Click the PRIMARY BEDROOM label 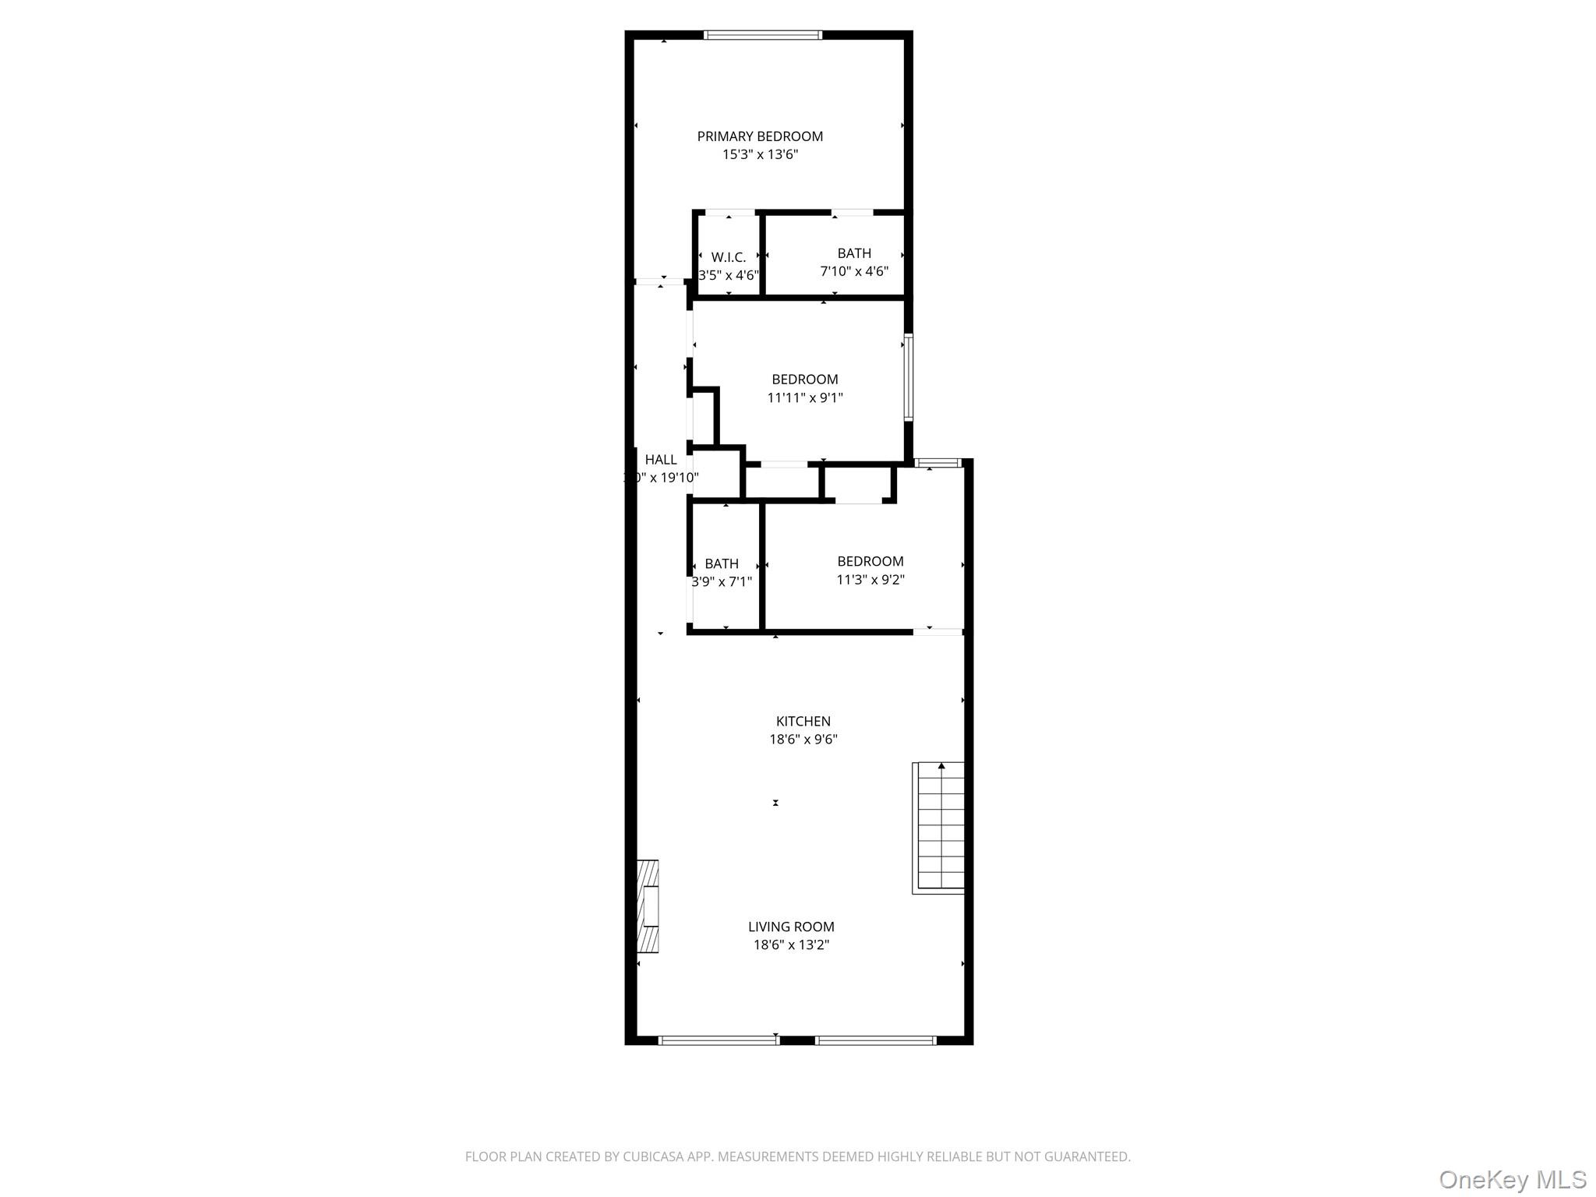[x=760, y=136]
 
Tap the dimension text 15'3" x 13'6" [x=760, y=154]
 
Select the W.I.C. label [x=729, y=257]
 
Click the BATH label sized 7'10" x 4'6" [x=854, y=253]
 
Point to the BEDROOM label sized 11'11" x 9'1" [x=805, y=380]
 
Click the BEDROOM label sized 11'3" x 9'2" [x=870, y=561]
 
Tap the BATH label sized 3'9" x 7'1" [x=722, y=563]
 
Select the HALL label [x=661, y=460]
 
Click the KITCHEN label [x=803, y=722]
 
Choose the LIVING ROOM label [x=791, y=927]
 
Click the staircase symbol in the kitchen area [x=939, y=827]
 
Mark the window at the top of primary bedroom [x=763, y=35]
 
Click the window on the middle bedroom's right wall [x=908, y=378]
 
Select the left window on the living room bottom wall [x=719, y=1040]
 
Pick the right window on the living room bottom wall [x=876, y=1040]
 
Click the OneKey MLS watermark [x=1512, y=1179]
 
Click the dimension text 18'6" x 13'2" [x=791, y=945]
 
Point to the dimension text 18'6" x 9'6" [x=803, y=740]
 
